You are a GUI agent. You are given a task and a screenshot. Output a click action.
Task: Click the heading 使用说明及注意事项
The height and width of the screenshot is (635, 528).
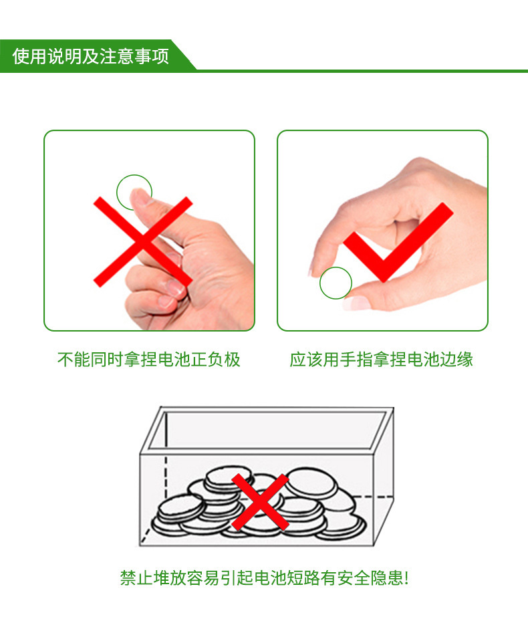coord(90,56)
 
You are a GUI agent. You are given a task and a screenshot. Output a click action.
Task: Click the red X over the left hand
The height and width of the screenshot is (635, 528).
coord(143,242)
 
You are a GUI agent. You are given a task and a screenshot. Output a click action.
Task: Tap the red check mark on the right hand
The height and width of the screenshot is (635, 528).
coord(398,242)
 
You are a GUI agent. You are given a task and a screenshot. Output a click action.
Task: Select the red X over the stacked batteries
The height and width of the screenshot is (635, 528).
coord(260,502)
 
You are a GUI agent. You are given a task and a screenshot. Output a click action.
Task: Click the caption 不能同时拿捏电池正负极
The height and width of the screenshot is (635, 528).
coord(149,359)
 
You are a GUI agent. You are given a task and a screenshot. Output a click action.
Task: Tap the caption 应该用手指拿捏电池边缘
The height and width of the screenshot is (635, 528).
coord(382,359)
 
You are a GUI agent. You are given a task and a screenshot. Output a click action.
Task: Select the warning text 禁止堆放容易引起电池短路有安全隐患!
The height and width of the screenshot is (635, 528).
coord(264,578)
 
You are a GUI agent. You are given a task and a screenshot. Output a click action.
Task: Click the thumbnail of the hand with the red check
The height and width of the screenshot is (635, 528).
coord(383,231)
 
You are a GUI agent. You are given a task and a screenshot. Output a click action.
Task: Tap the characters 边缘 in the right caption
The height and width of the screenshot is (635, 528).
coord(456,359)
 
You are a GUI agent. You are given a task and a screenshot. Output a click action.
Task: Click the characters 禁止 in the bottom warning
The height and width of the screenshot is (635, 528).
coord(136,578)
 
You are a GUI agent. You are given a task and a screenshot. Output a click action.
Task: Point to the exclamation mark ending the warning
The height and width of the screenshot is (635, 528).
coord(406,578)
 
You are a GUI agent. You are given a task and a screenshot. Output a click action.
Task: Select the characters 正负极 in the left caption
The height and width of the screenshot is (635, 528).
coord(216,359)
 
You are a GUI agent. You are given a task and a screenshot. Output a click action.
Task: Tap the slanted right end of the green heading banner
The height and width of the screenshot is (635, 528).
coord(184,55)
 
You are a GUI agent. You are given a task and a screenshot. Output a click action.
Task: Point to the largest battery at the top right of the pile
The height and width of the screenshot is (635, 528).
coord(311,483)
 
